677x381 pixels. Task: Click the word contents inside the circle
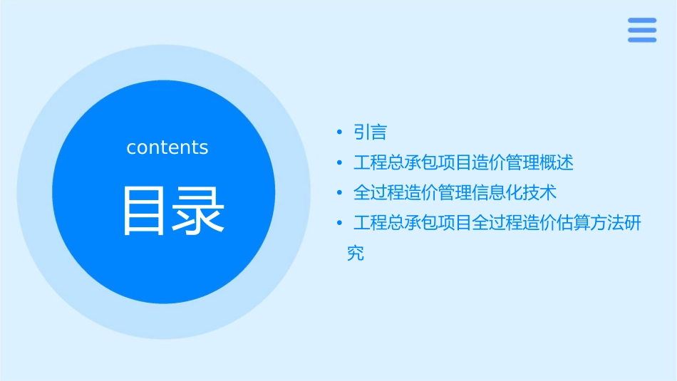[167, 147]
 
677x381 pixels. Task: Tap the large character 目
[145, 211]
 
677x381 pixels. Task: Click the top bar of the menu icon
[641, 21]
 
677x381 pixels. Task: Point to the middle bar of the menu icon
[641, 30]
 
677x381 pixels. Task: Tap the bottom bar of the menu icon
[641, 39]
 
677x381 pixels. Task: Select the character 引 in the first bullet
[362, 132]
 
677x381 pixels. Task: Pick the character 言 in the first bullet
[379, 132]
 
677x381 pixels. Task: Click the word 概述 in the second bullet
[556, 163]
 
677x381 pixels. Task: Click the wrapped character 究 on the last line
[356, 254]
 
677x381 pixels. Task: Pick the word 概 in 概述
[548, 163]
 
